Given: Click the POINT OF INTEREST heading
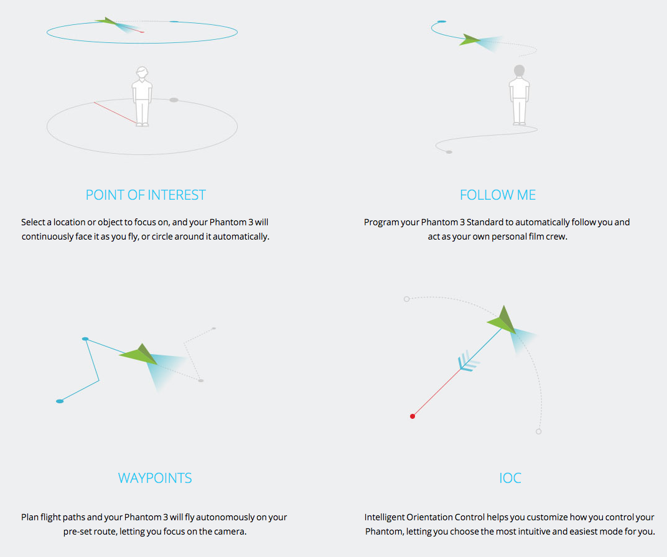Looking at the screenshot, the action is (x=146, y=195).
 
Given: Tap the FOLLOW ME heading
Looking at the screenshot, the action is (x=498, y=195).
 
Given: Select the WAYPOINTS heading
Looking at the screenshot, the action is (x=155, y=478).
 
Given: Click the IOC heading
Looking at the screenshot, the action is (x=510, y=478).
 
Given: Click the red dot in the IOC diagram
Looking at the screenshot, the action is (x=412, y=416).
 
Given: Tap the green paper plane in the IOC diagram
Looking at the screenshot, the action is (x=502, y=320).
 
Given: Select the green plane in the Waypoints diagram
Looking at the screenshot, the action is (x=139, y=354).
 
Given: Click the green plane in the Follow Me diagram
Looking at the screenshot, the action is (x=470, y=40).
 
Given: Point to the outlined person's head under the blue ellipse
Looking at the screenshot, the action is (x=142, y=72).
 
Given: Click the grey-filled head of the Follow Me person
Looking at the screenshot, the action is (x=519, y=70).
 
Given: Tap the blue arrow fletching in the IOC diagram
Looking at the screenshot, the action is (x=468, y=362).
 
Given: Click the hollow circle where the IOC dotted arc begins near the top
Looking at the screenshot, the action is (x=407, y=299).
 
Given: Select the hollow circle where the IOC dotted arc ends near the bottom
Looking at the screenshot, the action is (x=539, y=431).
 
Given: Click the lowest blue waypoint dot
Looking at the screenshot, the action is (x=60, y=401).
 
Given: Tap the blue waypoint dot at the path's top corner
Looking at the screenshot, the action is (x=85, y=339).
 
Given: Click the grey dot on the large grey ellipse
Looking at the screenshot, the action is (x=174, y=100).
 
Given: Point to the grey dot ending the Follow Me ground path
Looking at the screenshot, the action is (x=449, y=152).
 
